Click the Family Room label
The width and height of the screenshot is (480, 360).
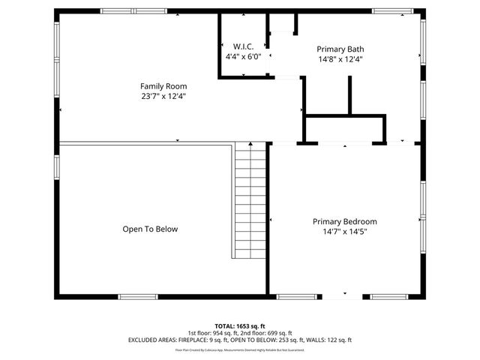coord(163,86)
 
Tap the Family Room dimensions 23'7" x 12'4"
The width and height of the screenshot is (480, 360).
coord(163,96)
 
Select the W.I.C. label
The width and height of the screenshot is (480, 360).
coord(243,46)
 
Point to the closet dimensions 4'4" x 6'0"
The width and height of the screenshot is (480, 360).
coord(243,55)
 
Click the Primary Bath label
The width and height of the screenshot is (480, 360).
coord(340,49)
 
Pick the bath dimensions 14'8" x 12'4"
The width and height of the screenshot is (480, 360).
coord(340,58)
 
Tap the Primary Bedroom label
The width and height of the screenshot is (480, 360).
coord(344,222)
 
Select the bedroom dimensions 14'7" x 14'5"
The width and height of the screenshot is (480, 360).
coord(344,232)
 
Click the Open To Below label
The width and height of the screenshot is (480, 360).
coord(150,229)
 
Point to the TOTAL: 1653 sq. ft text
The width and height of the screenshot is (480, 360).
coord(240,325)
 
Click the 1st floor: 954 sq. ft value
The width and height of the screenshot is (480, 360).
coord(214,332)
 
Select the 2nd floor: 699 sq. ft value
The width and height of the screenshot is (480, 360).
coord(268,332)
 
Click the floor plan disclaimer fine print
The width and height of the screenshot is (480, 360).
coord(240,349)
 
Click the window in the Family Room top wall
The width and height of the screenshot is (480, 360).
coord(124,10)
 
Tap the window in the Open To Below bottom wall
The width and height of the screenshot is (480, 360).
coord(138,297)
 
